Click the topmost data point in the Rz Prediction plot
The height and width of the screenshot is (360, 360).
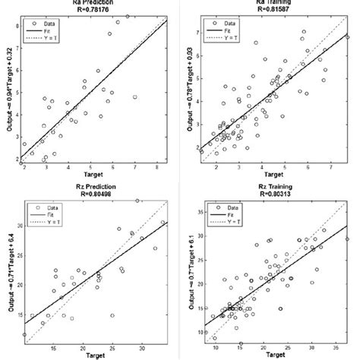[x=137, y=201]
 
